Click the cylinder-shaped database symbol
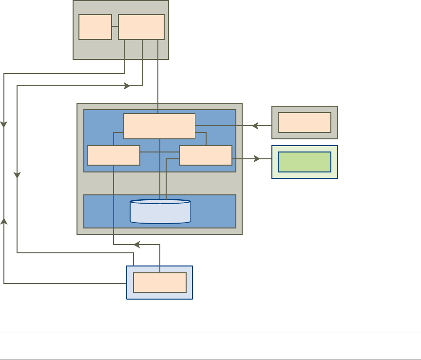tap(160, 211)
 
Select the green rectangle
tap(305, 162)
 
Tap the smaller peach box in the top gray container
tap(95, 27)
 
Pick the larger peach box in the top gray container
tap(141, 27)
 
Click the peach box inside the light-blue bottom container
tap(160, 283)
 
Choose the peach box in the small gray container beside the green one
tap(305, 122)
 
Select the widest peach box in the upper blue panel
tap(159, 126)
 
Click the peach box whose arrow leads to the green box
tap(206, 155)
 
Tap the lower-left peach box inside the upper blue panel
tap(114, 155)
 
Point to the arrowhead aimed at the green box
tap(257, 159)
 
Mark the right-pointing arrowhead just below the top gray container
tap(127, 86)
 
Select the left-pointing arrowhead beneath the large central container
tap(137, 245)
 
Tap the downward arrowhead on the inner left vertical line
tap(17, 174)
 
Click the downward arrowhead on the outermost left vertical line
tap(4, 125)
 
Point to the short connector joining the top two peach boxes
tap(115, 26)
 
